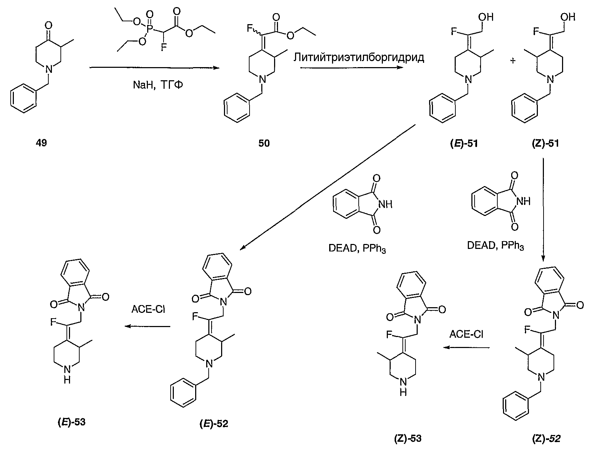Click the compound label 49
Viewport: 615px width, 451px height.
[42, 143]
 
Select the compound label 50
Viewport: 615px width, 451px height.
[264, 143]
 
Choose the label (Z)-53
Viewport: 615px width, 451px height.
[407, 438]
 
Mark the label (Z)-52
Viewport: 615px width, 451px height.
[546, 438]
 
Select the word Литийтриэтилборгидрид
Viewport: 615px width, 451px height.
[359, 58]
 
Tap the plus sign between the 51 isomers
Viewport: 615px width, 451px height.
[513, 61]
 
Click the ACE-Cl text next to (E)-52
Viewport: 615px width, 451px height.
[149, 309]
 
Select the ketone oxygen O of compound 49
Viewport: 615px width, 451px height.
[49, 25]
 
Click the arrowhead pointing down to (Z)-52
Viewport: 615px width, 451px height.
[543, 258]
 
